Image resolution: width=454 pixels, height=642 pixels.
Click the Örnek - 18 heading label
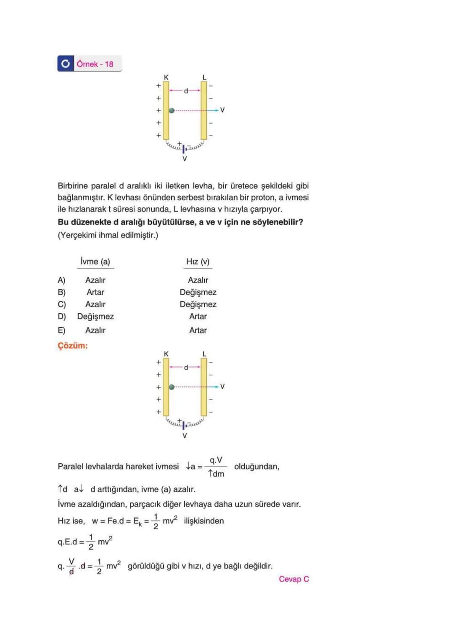(95, 64)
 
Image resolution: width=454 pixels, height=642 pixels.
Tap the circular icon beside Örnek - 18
(66, 63)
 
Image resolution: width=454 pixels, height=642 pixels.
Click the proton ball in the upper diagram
(172, 110)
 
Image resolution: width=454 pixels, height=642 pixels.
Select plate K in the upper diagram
(166, 110)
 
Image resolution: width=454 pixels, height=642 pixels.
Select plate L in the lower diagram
(204, 387)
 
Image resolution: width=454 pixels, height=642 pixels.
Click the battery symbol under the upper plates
(184, 148)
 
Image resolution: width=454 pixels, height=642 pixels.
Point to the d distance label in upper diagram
(186, 91)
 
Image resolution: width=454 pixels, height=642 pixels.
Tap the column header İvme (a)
(95, 262)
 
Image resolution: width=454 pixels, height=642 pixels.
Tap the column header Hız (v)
(198, 262)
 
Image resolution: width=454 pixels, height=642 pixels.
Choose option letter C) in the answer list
(61, 304)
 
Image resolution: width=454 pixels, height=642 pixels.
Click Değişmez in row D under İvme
(95, 316)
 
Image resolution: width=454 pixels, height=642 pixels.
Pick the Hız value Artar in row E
(198, 330)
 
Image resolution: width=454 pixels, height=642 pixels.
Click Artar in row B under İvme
(95, 292)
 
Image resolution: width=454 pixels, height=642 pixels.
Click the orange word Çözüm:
(73, 346)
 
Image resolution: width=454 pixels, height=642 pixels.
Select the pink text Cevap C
(294, 579)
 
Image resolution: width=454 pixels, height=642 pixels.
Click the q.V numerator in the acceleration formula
(216, 460)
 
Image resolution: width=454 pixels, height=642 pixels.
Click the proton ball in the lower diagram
(172, 387)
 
